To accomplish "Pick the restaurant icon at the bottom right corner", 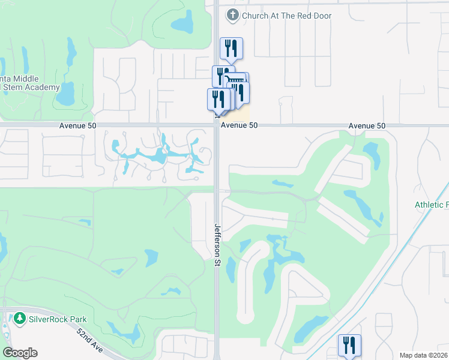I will pyautogui.click(x=349, y=346).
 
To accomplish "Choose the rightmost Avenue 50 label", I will pyautogui.click(x=367, y=125).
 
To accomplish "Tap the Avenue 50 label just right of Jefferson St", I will pyautogui.click(x=239, y=125).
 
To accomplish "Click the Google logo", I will pyautogui.click(x=20, y=353).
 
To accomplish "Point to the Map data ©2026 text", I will pyautogui.click(x=424, y=355).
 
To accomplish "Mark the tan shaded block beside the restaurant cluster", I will pyautogui.click(x=242, y=114).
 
